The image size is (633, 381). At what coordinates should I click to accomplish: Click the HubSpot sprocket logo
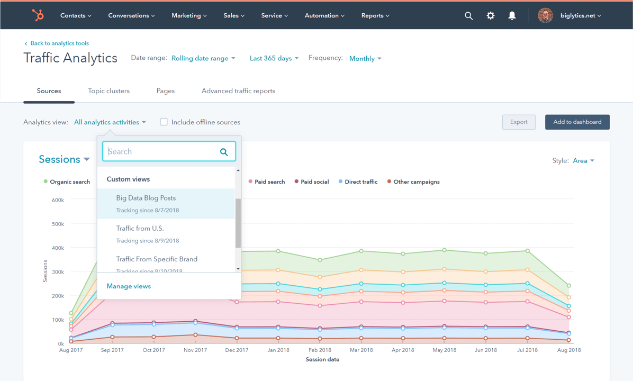coord(38,15)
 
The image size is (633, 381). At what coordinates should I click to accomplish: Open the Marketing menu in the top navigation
coord(189,16)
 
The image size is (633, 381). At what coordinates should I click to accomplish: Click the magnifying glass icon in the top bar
coord(468,16)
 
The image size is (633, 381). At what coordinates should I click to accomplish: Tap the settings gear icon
coord(491,16)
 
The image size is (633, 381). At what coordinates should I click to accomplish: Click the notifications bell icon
coord(512,16)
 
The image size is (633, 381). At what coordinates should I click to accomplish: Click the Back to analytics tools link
coord(59,43)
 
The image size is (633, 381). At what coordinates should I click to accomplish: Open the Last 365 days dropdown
coord(274,58)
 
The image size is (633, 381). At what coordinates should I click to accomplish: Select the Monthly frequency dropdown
coord(365,59)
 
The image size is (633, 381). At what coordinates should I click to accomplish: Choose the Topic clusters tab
coord(108,91)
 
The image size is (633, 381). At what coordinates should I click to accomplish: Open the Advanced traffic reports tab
coord(238,91)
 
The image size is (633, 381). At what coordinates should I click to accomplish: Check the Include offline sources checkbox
coord(164,122)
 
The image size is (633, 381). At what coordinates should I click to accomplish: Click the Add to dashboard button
coord(577,122)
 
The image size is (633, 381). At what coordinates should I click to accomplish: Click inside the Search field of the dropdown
coord(161,152)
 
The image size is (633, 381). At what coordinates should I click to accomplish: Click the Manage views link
coord(129,286)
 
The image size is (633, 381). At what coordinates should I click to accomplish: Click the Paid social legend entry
coord(314,182)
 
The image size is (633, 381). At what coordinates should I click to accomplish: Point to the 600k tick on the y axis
coord(57,200)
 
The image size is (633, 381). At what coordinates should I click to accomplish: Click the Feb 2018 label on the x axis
coord(320,350)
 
